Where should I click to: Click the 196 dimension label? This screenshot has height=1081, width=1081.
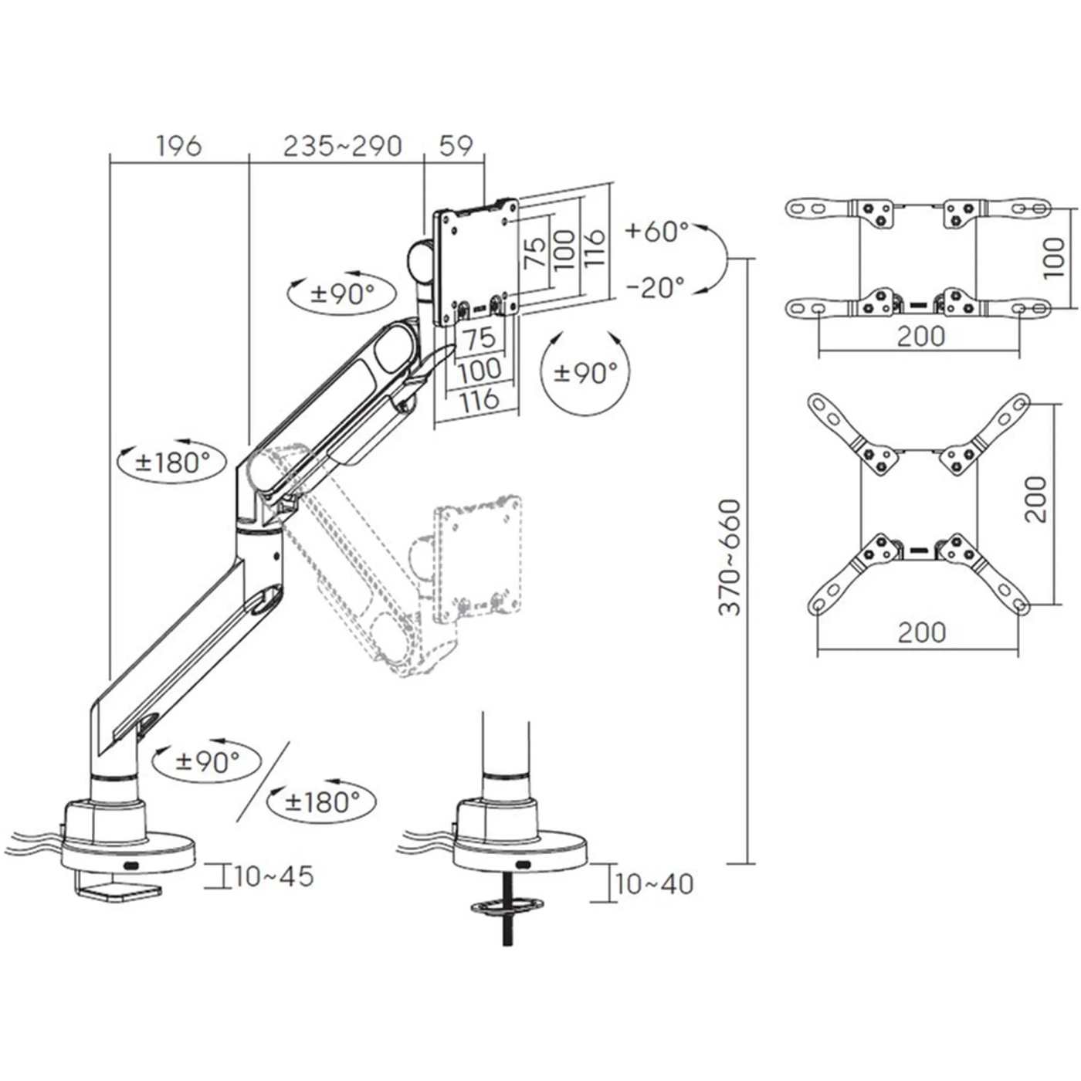(x=178, y=145)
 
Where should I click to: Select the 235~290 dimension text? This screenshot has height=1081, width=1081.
(x=342, y=145)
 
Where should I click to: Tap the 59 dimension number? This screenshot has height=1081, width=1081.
(x=455, y=145)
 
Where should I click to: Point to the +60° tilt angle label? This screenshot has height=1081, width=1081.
(x=656, y=231)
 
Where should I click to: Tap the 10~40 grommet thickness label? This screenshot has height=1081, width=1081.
(x=654, y=883)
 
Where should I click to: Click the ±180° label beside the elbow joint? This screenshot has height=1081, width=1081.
(x=172, y=462)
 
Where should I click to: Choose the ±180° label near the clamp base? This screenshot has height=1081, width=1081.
(x=322, y=801)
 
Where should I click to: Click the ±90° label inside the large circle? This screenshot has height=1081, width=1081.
(x=586, y=373)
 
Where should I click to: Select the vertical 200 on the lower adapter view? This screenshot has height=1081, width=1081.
(x=1037, y=500)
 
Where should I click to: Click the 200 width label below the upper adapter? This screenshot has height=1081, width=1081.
(x=920, y=337)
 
